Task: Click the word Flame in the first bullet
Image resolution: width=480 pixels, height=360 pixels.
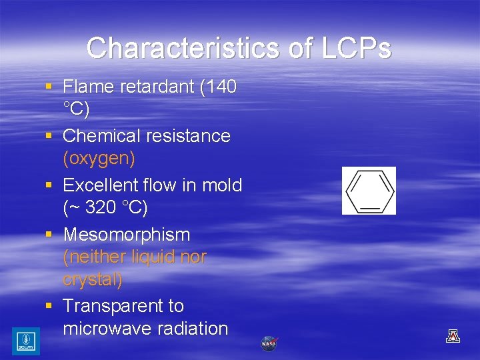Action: (89, 87)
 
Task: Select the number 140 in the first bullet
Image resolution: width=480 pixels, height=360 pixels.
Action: (219, 87)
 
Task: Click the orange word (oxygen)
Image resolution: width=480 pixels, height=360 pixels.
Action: (99, 159)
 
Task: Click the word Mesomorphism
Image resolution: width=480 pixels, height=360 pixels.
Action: (126, 235)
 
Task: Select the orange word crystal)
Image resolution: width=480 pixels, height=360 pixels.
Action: (93, 279)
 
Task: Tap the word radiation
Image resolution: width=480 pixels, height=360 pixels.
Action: (193, 329)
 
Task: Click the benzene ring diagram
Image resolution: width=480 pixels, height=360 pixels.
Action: (369, 191)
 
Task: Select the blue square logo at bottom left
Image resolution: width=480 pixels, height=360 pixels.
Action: (25, 341)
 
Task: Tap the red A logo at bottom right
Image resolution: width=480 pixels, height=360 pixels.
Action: (453, 336)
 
